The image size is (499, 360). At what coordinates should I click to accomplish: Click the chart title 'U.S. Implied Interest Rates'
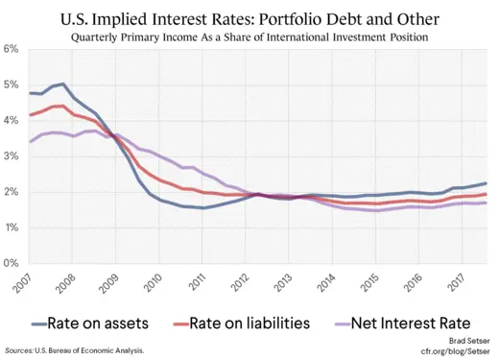pyautogui.click(x=249, y=18)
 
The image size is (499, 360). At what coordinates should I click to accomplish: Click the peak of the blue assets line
pyautogui.click(x=62, y=84)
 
